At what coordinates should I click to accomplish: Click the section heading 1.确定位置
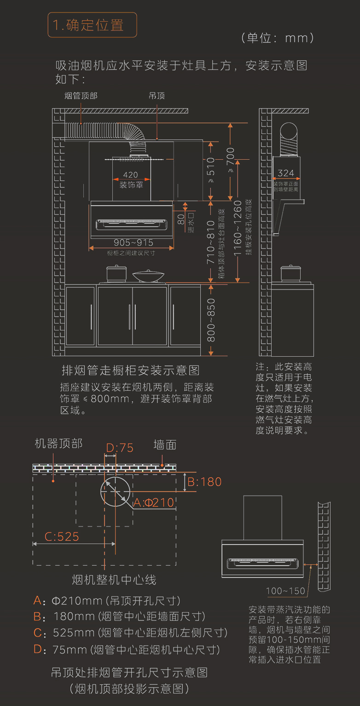click(x=92, y=25)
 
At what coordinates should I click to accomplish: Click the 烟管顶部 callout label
click(x=81, y=96)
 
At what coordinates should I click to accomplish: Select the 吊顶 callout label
click(x=157, y=96)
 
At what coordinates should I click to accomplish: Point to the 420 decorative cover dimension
click(x=131, y=175)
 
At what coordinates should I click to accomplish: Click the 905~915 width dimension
click(x=134, y=243)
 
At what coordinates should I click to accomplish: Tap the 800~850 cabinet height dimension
click(x=211, y=320)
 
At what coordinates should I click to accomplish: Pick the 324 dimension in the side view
click(x=286, y=173)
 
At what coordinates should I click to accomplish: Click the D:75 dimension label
click(x=120, y=448)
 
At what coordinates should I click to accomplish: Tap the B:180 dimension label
click(x=205, y=482)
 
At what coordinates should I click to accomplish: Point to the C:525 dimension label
click(x=62, y=537)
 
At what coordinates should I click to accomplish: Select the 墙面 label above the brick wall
click(x=165, y=445)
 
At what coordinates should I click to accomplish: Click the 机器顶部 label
click(x=59, y=444)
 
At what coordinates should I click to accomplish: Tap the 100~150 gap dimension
click(x=285, y=591)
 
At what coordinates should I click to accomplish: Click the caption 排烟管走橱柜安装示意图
click(x=131, y=370)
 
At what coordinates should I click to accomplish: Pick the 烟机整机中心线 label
click(x=114, y=579)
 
